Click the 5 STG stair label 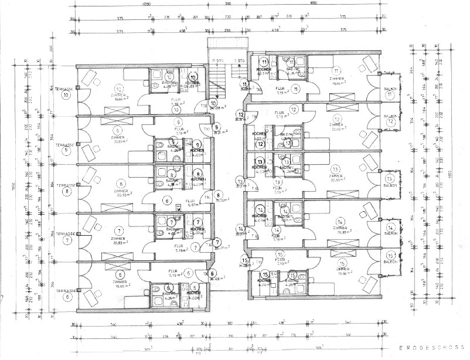pyautogui.click(x=238, y=60)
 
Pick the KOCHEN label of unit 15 pyautogui.click(x=263, y=281)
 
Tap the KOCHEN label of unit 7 pyautogui.click(x=197, y=229)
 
